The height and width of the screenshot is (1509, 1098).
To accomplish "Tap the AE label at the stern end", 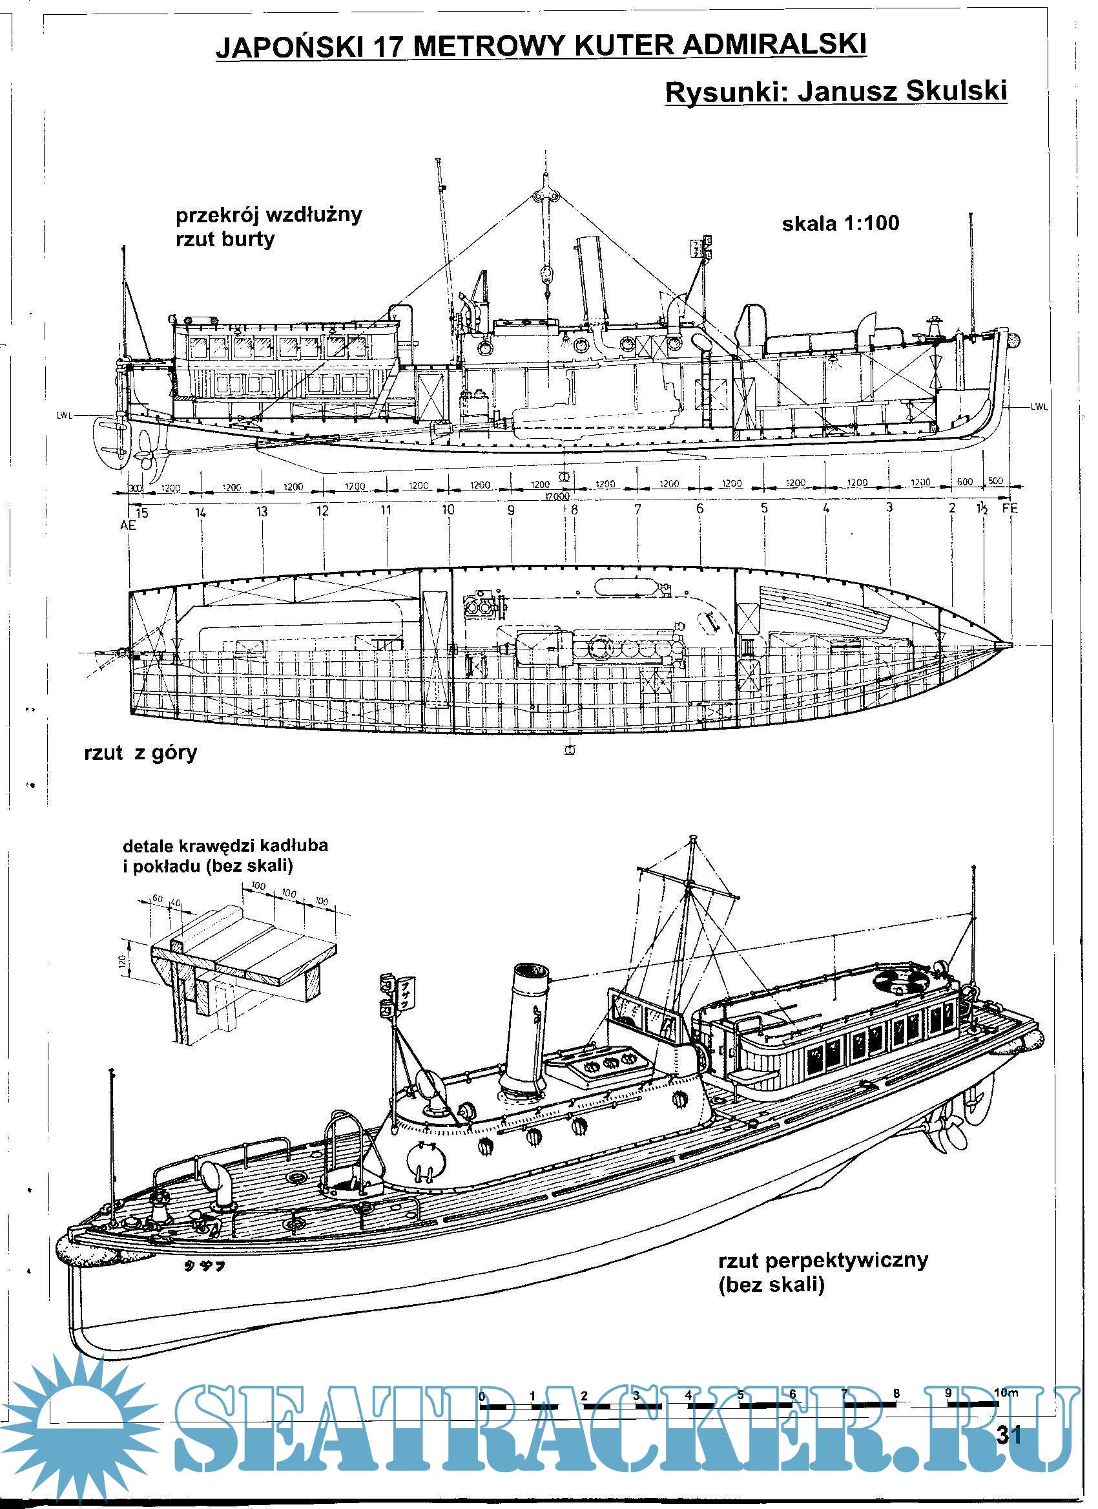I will [128, 525].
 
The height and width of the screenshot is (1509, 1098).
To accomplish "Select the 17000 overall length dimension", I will [557, 496].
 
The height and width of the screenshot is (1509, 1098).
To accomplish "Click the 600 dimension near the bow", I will [964, 481].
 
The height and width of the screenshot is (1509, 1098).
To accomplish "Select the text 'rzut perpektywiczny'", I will [823, 1260].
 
